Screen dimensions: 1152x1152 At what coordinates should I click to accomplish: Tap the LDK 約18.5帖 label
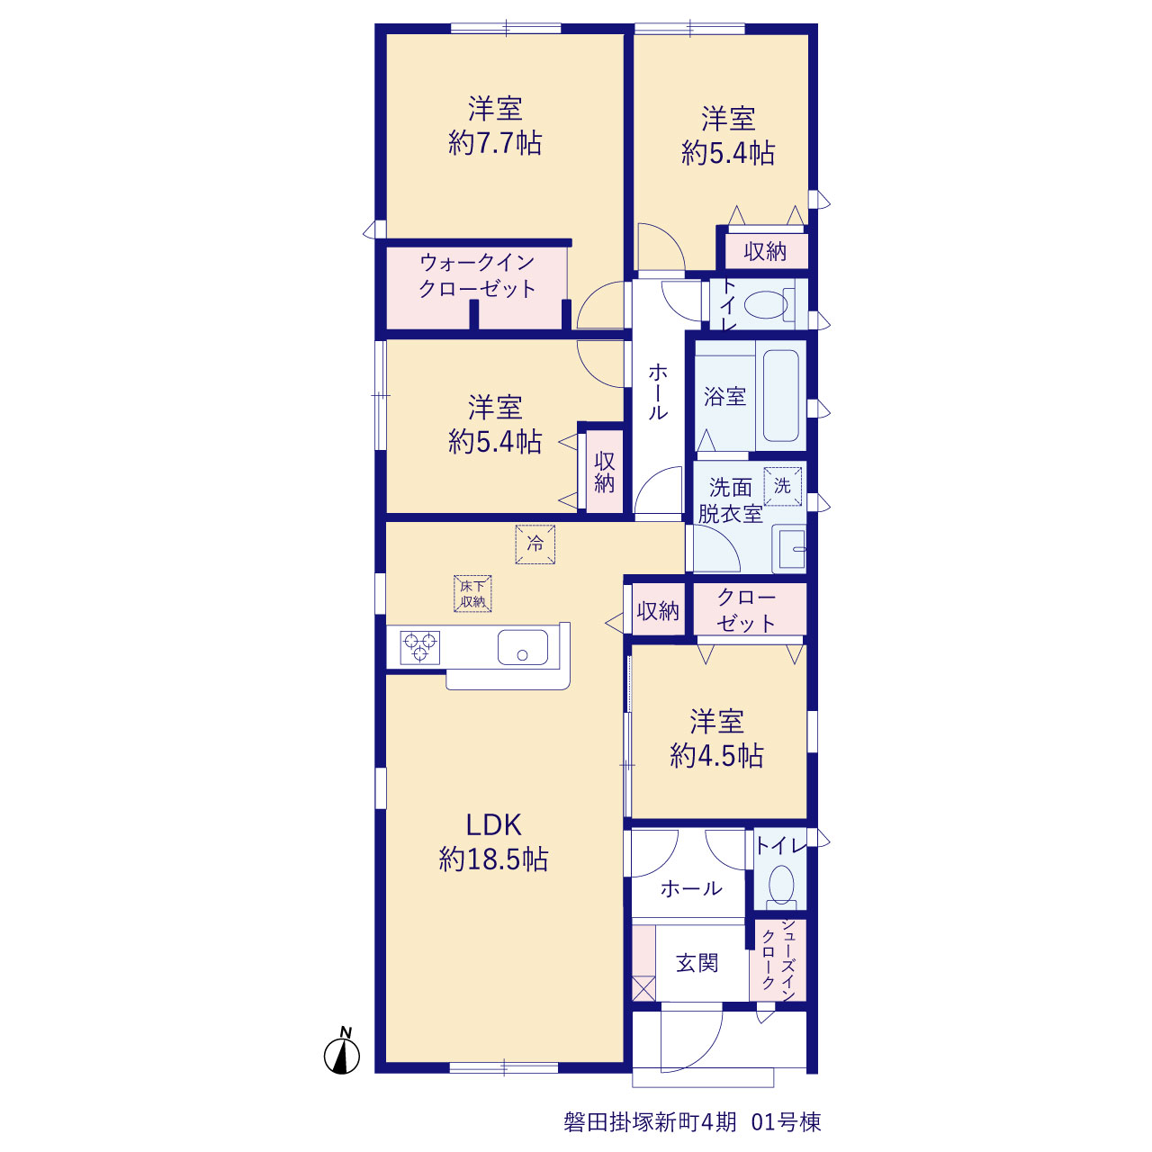[493, 841]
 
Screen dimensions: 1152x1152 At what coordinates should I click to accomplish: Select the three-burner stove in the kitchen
[421, 647]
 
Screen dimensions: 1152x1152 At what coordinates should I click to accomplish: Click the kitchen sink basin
[523, 647]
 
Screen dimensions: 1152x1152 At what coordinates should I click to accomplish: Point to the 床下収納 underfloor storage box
[472, 594]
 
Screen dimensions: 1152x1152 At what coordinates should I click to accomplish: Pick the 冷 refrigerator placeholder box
[535, 544]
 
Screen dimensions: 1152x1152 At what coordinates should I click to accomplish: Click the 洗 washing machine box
[782, 487]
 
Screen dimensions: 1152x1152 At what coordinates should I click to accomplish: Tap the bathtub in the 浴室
[781, 396]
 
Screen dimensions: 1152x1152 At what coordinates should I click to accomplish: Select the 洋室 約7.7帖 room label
[495, 126]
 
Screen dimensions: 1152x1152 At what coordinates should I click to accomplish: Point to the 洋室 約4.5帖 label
[716, 739]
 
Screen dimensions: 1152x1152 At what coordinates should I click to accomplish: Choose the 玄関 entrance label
[697, 963]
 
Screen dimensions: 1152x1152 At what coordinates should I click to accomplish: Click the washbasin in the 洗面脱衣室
[789, 549]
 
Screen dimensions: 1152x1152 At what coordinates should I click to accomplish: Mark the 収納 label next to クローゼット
[658, 611]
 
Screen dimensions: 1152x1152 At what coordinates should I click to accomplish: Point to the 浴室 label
[724, 396]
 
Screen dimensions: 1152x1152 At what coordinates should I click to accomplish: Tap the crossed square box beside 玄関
[643, 989]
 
